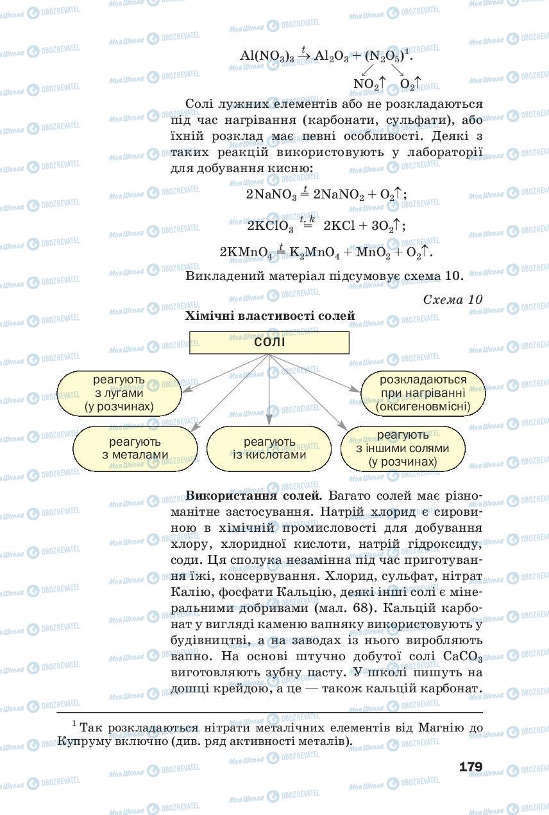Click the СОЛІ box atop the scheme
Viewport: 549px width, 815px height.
click(269, 342)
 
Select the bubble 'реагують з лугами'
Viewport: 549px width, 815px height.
click(119, 393)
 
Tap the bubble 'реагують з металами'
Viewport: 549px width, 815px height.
click(135, 448)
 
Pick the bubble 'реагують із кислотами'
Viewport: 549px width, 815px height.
click(269, 448)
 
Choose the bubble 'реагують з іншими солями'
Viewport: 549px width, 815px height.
click(403, 448)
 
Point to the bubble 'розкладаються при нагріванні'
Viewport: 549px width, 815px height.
click(423, 393)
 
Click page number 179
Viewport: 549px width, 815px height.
click(470, 767)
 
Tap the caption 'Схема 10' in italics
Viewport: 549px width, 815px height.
click(453, 299)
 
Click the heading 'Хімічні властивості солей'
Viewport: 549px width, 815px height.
click(269, 315)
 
